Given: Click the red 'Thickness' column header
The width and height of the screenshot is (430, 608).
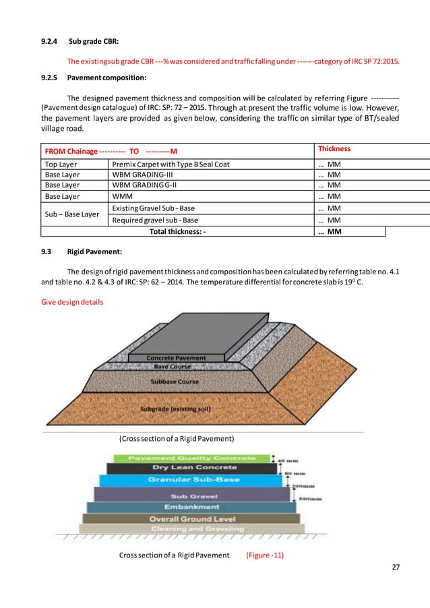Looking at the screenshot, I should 335,148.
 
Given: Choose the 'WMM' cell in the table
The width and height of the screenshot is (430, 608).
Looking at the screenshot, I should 121,196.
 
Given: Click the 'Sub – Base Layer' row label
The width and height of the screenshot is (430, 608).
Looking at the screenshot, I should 73,214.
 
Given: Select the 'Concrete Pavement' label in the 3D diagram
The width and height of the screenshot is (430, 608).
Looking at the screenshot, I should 176,358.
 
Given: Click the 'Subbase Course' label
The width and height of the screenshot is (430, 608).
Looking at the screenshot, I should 174,381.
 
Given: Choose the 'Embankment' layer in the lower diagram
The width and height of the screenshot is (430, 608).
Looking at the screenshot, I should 192,507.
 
